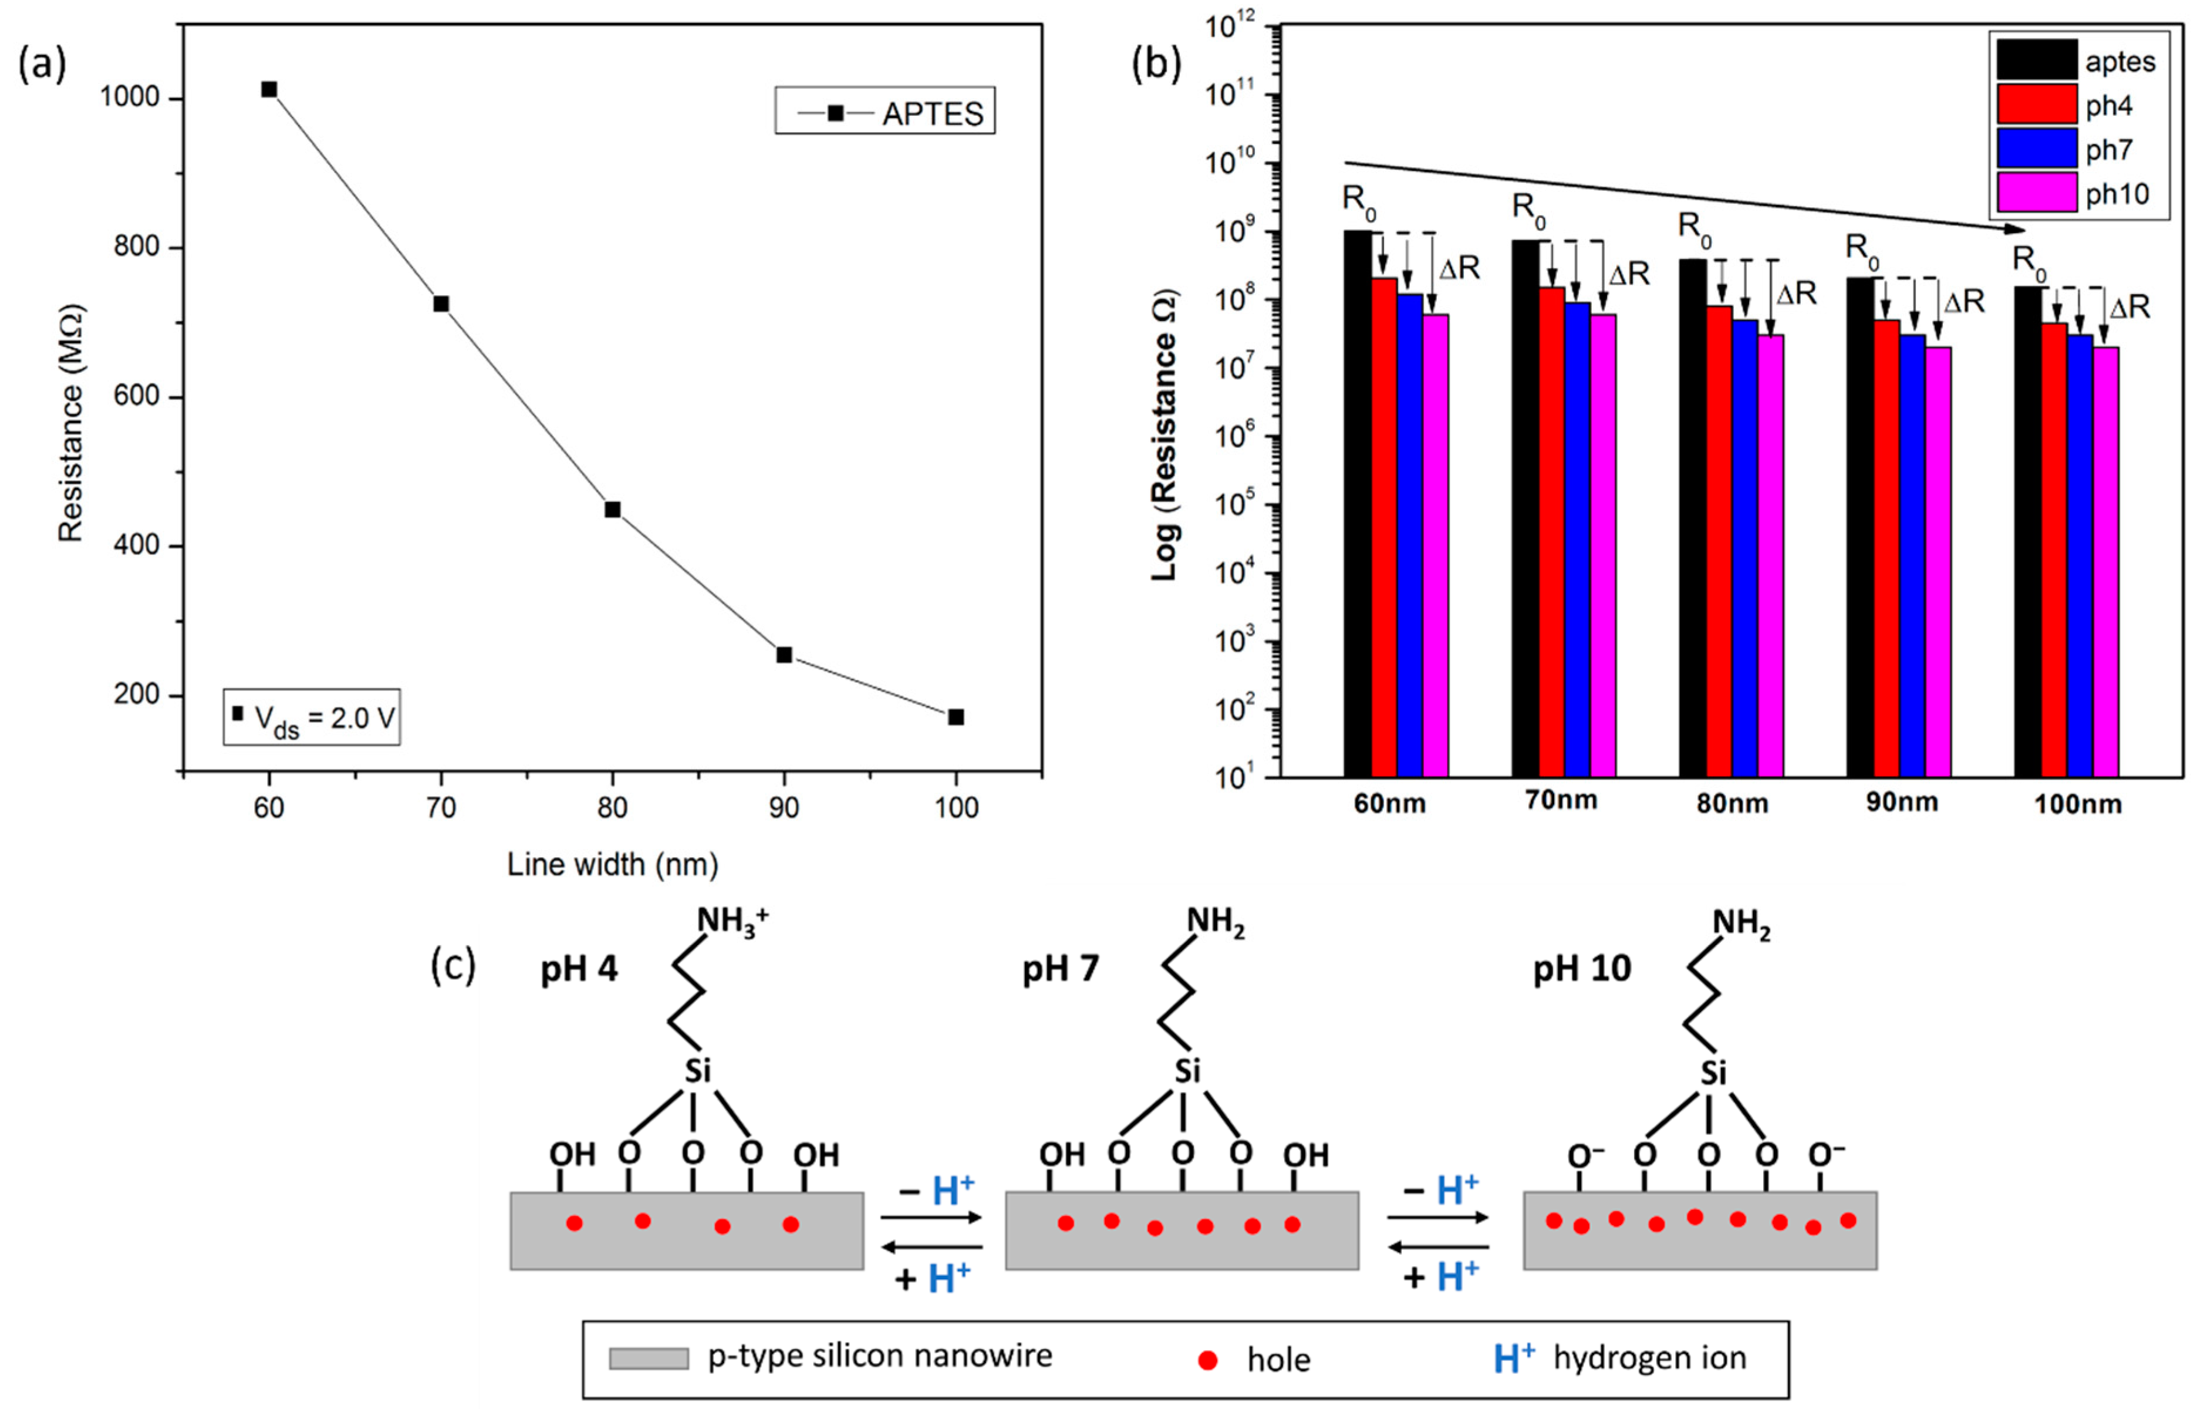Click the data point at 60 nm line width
tap(269, 89)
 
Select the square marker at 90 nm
tap(784, 655)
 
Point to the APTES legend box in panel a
tap(885, 112)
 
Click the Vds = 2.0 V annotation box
tap(312, 717)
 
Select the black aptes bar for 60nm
tap(1357, 503)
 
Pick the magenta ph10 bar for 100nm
tap(2105, 562)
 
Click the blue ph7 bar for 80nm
tap(1745, 549)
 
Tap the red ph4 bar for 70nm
tap(1551, 531)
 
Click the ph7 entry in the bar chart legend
tap(2076, 149)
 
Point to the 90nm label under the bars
tap(1902, 803)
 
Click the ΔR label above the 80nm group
tap(1796, 294)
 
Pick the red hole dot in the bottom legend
tap(1207, 1360)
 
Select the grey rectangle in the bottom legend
tap(649, 1359)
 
